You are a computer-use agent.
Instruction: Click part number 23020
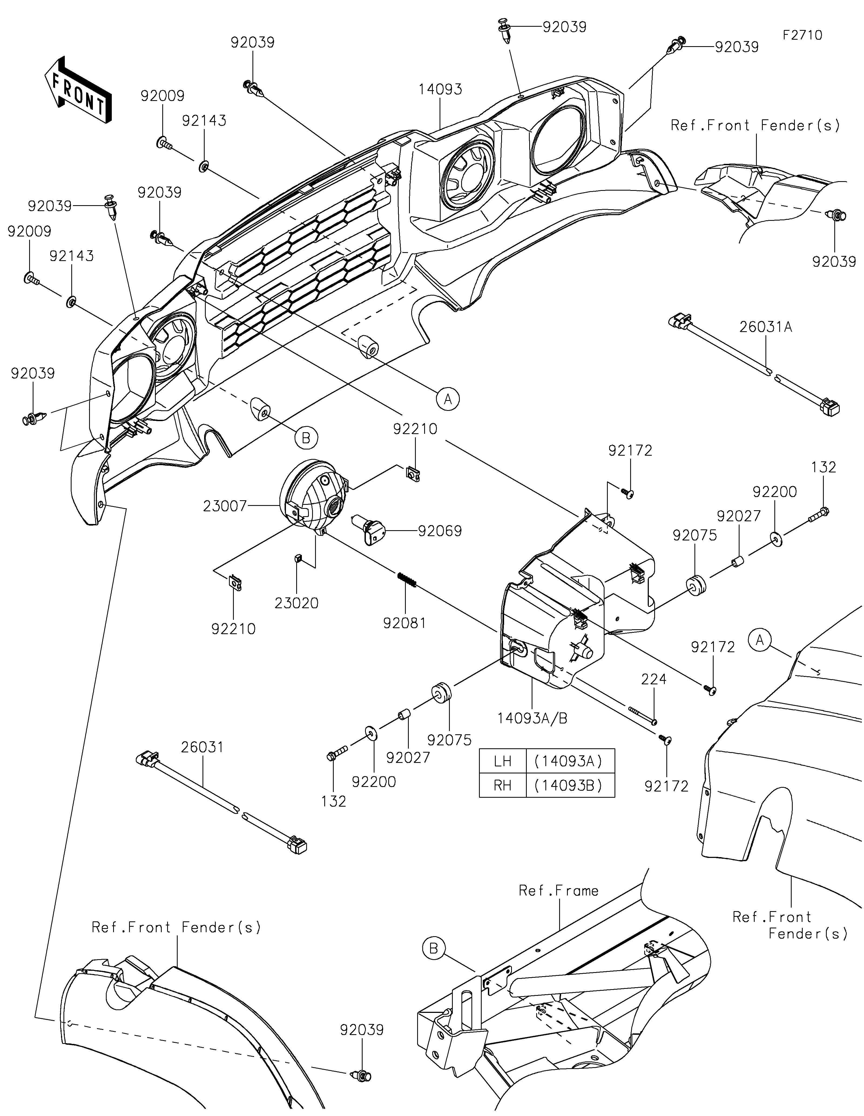tap(296, 603)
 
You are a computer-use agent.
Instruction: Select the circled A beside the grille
tap(448, 398)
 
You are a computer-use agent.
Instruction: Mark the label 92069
tap(440, 531)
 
